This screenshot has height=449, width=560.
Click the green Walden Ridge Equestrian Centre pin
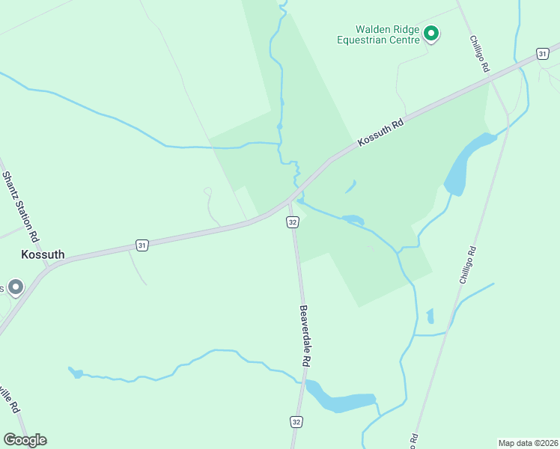430,33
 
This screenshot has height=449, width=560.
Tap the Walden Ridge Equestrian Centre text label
378,34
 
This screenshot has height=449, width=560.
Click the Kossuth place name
43,254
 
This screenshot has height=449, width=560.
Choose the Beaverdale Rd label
304,335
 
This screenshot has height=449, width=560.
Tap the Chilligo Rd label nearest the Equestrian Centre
479,54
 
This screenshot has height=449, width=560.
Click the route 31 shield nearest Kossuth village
141,245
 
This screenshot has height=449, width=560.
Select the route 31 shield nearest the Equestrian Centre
542,54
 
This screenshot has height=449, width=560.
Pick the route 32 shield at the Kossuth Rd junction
293,222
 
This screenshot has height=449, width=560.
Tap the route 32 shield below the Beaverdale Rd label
296,421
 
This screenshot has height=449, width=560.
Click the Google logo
25,439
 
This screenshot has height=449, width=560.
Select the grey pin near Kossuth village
14,287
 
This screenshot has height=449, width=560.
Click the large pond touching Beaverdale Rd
337,400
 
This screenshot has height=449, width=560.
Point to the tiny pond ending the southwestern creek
75,372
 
